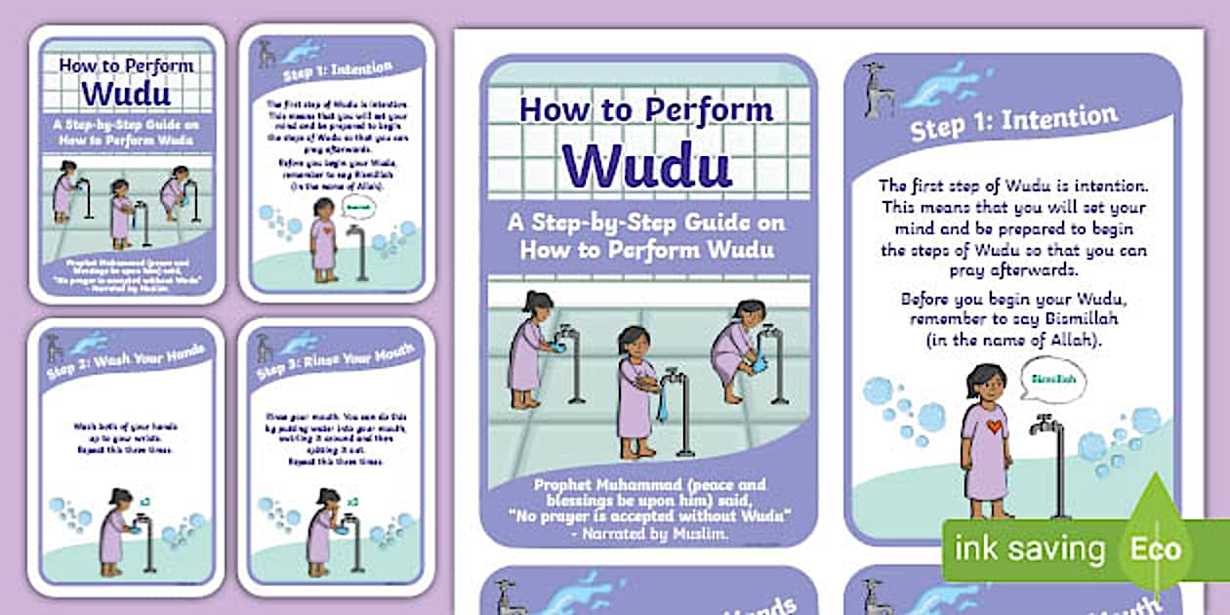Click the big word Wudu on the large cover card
coord(646,163)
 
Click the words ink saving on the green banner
coord(1029,549)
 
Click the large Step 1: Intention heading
coord(1013,122)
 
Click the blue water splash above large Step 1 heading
coord(947,83)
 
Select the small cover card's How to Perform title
coord(127,66)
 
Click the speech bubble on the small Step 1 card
coord(355,208)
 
